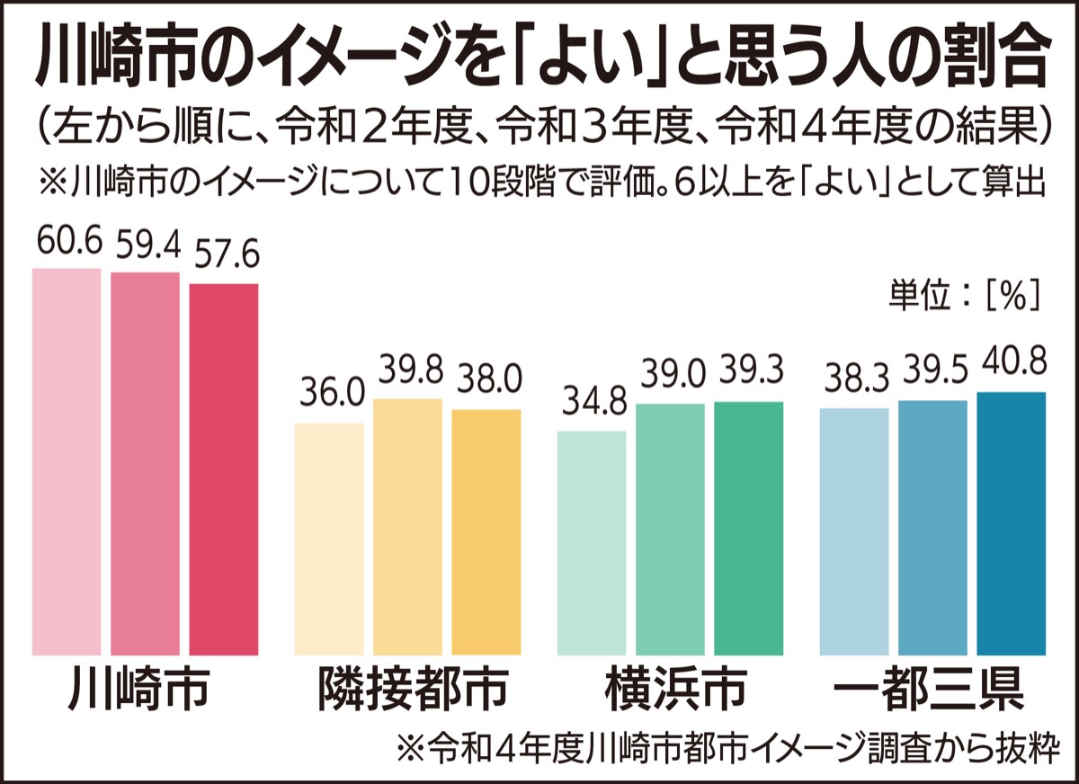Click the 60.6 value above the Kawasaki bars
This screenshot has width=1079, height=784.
[66, 244]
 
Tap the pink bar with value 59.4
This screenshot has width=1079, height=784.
[145, 463]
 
